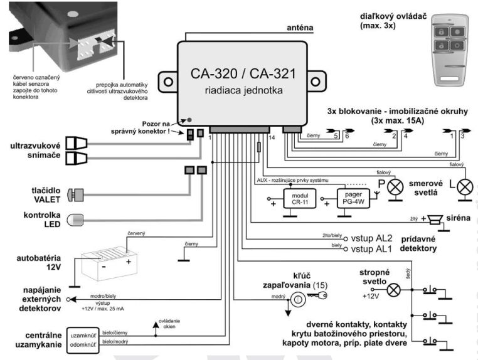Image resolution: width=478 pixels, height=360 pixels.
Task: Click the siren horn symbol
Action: [433, 220]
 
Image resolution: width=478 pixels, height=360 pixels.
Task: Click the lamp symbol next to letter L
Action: [464, 186]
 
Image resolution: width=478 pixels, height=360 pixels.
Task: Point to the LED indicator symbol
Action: [76, 219]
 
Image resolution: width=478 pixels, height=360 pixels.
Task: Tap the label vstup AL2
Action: [373, 238]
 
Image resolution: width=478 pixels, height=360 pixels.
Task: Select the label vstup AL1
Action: [373, 249]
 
